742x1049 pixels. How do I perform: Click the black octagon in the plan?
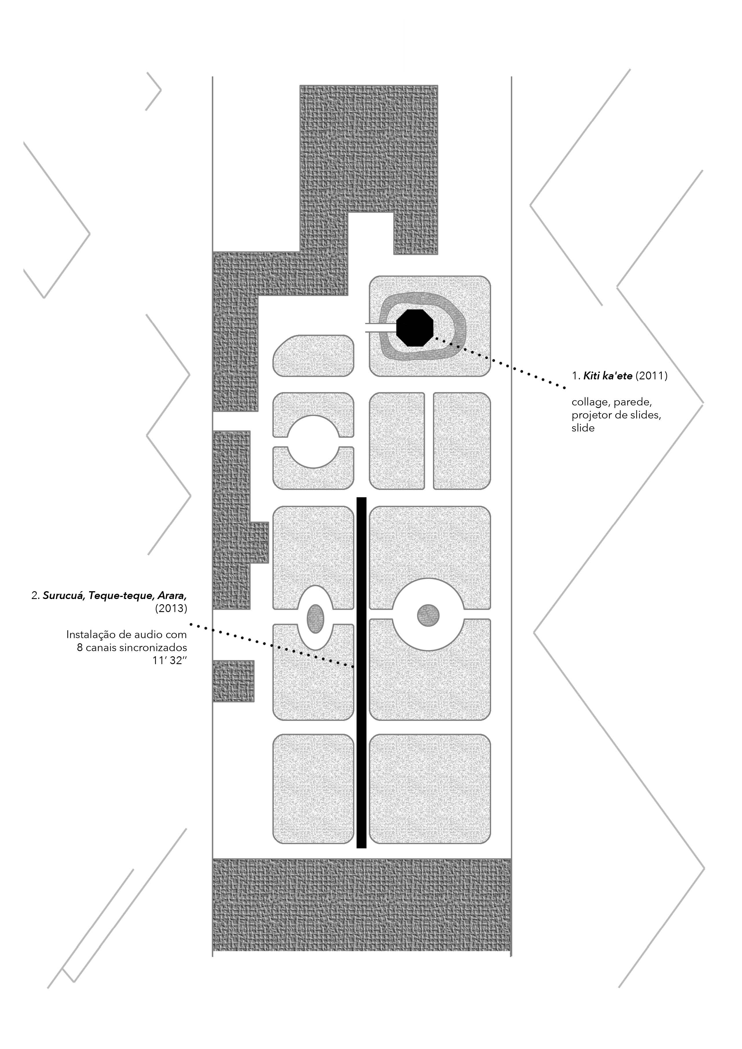[414, 328]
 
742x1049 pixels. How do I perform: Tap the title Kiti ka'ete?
[608, 376]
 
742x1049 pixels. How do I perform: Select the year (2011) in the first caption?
[651, 376]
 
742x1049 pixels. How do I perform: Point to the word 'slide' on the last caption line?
[583, 428]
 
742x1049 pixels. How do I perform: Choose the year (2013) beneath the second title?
[171, 609]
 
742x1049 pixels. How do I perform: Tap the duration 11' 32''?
[170, 661]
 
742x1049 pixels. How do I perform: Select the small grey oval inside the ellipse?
[315, 619]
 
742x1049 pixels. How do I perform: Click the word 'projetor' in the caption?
[590, 415]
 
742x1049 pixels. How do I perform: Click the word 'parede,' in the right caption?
[632, 403]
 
